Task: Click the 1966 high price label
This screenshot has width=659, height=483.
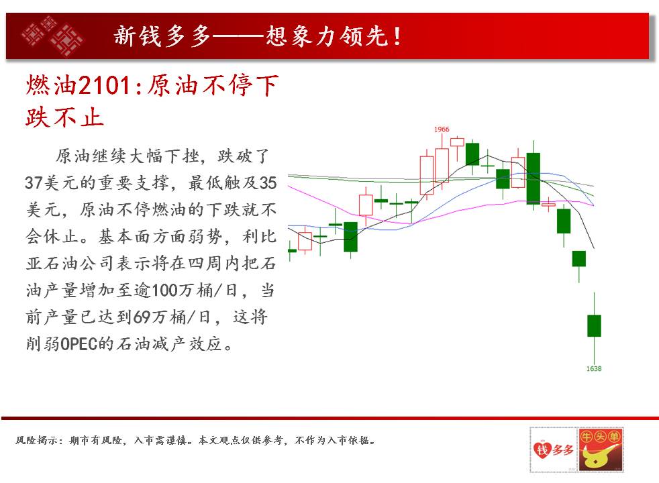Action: coord(442,129)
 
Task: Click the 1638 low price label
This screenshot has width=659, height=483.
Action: coord(594,368)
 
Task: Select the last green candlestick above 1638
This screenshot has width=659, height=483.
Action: coord(595,325)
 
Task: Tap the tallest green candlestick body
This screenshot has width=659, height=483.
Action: coord(534,178)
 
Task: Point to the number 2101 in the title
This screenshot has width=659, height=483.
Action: coord(105,85)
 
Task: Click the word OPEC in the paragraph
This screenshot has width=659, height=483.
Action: coord(79,344)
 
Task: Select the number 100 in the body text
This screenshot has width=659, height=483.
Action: coord(164,290)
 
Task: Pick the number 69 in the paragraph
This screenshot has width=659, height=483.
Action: coord(142,317)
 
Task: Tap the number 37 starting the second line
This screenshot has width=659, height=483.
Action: coord(34,182)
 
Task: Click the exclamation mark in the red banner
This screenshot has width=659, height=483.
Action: coord(397,36)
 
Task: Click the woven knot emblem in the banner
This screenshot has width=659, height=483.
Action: coord(52,36)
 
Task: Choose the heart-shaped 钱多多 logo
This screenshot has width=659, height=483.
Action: coord(553,449)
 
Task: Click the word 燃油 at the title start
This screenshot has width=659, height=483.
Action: coord(52,85)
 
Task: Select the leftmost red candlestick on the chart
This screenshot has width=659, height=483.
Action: coord(305,241)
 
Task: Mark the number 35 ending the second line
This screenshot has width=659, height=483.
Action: coord(268,182)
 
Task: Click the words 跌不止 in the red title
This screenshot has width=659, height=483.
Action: coord(64,117)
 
